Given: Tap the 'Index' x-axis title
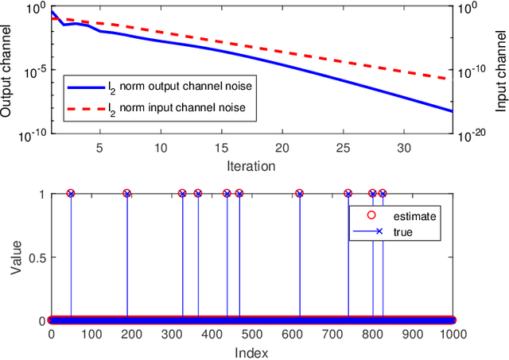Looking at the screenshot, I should tap(251, 352).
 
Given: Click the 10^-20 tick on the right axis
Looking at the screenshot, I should tap(472, 136).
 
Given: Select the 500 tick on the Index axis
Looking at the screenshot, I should tap(251, 335).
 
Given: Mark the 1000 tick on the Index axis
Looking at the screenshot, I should tap(453, 335).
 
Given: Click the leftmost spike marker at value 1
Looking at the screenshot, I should tap(71, 193).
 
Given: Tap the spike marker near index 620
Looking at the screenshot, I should tap(300, 193).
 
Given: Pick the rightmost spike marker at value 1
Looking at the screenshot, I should tap(383, 193).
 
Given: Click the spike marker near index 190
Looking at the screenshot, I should tap(127, 193).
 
